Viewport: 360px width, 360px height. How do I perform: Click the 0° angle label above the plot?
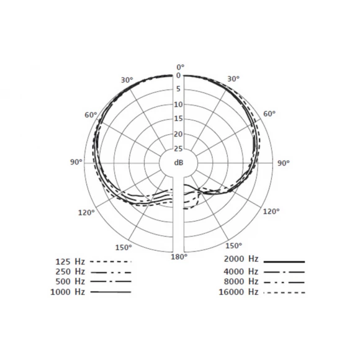coord(181,67)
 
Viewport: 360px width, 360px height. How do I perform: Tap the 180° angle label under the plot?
coord(179,257)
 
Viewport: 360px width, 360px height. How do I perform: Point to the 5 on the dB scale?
coord(178,89)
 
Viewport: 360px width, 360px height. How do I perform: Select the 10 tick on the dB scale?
coord(178,105)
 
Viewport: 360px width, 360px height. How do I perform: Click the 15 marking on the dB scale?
coord(178,119)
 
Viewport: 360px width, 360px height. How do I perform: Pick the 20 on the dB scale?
coord(178,134)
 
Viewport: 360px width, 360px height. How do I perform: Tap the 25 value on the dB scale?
coord(178,149)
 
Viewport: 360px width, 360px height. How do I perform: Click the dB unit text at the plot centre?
coord(179,163)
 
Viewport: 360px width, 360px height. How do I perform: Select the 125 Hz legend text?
coord(70,262)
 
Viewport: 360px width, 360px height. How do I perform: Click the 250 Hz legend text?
coord(70,272)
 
